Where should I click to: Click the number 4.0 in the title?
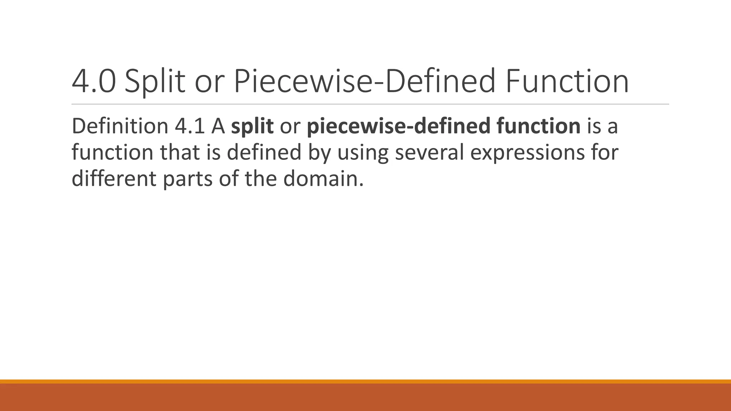pos(94,82)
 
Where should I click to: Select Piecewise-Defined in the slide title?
pos(364,82)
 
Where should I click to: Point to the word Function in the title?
pos(566,82)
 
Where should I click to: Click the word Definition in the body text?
pos(120,126)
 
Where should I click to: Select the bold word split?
pos(252,127)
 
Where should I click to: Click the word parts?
pos(188,179)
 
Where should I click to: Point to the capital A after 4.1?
pos(218,126)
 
